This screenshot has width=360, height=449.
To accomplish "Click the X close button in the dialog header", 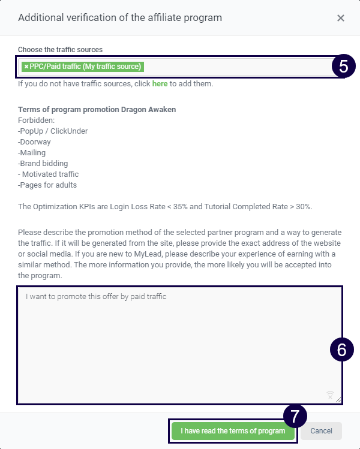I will [341, 18].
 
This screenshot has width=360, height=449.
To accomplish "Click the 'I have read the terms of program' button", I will [233, 431].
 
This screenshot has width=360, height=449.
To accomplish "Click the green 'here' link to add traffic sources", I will [160, 84].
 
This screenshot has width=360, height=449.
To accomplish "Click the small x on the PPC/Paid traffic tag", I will [26, 67].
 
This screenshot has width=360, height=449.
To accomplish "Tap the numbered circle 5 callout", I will [343, 67].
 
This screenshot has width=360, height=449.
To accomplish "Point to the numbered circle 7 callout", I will [295, 416].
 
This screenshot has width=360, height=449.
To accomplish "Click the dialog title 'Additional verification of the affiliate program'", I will [120, 18].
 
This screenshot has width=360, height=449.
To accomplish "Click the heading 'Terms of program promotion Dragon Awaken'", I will [97, 110].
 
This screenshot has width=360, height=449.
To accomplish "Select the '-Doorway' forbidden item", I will [34, 141].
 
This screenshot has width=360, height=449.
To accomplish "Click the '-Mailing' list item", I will [32, 152].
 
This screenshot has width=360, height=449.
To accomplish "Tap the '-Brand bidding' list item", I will [43, 163].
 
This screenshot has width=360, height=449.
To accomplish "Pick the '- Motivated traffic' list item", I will [49, 174].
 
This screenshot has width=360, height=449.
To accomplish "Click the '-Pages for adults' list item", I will [47, 185].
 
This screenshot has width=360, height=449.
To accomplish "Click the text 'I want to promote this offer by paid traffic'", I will [95, 296].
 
